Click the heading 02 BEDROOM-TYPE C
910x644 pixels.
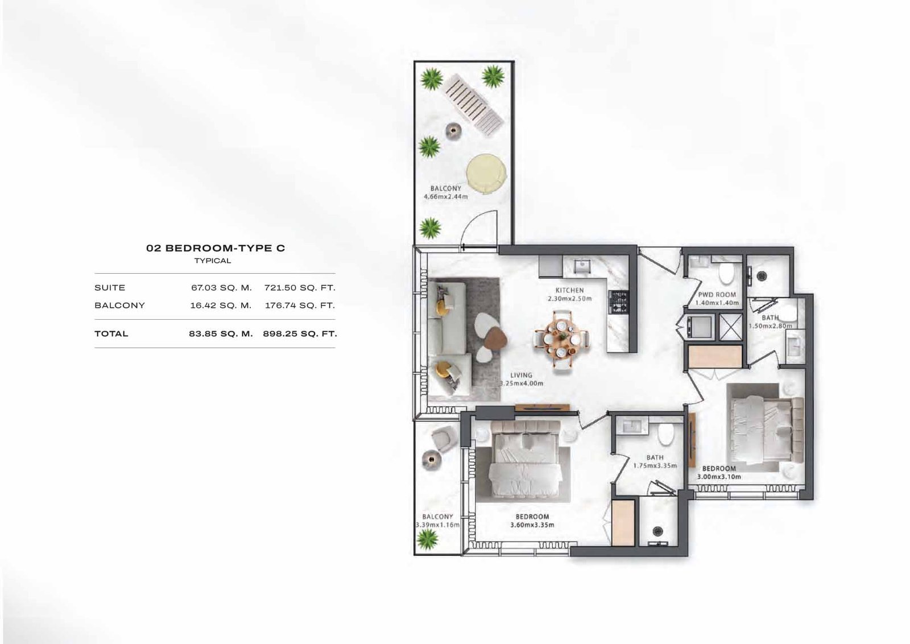click(x=216, y=248)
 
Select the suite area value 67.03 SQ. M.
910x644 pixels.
click(x=221, y=288)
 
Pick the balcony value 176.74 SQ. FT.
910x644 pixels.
click(x=300, y=306)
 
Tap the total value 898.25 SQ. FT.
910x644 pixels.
click(x=300, y=334)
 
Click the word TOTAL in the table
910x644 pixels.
click(x=111, y=334)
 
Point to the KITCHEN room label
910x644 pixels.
click(x=569, y=291)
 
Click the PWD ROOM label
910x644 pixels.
click(x=717, y=295)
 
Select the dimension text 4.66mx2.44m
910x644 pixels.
click(x=446, y=197)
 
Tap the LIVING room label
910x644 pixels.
click(x=521, y=375)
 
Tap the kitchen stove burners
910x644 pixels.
click(x=618, y=302)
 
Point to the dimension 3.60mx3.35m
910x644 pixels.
click(x=532, y=525)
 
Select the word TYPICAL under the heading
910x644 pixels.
click(x=213, y=261)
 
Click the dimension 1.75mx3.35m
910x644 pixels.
click(x=655, y=465)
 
